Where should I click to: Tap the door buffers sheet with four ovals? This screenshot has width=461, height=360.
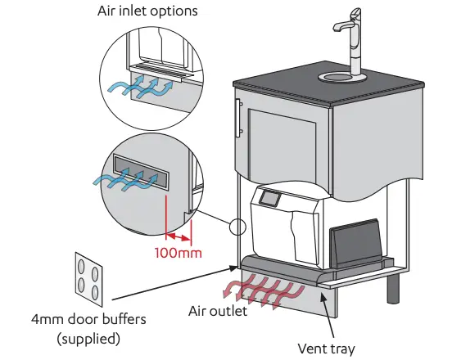click(88, 277)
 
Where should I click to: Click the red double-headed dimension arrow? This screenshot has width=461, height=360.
click(178, 238)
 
